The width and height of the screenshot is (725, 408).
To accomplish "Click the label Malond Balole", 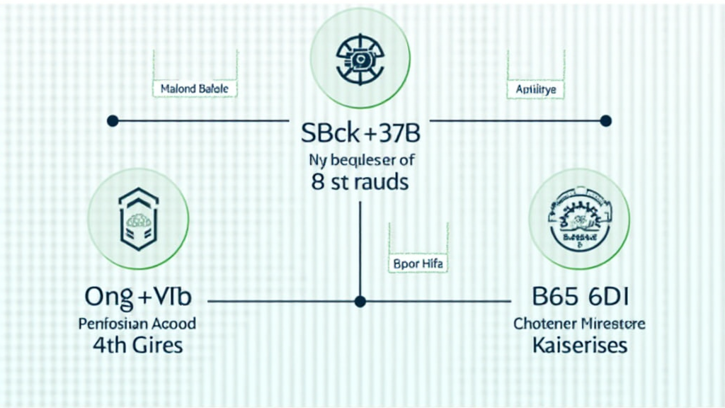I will [195, 90].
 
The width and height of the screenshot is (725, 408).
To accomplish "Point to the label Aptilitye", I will [536, 90].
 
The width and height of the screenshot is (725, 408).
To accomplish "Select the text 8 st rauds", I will [360, 181].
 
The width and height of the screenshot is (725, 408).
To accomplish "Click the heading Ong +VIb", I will [138, 298].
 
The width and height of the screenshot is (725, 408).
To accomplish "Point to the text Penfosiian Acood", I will [138, 324].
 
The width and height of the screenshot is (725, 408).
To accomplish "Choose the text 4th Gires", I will [138, 346].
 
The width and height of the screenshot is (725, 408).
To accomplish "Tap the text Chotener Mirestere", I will [579, 324].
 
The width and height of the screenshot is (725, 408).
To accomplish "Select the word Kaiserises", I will [579, 346].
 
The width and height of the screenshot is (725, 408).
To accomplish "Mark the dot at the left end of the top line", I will [112, 121].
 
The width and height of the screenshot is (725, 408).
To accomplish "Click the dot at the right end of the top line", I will [605, 121].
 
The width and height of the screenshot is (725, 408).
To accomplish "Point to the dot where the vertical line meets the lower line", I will [360, 301].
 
